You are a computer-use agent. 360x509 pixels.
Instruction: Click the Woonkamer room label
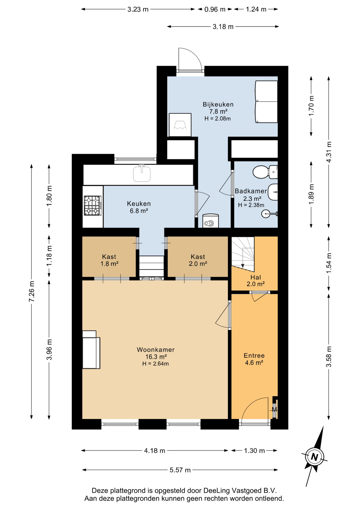(x=156, y=349)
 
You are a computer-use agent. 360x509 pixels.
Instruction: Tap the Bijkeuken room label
(x=218, y=104)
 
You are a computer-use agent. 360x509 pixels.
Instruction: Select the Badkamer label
(x=251, y=191)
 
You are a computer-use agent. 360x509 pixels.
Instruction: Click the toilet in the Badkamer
(x=265, y=172)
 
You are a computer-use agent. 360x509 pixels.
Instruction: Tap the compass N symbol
(x=314, y=457)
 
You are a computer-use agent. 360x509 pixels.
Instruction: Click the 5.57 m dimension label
(x=180, y=470)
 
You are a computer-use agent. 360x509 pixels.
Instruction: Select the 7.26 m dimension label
(x=32, y=291)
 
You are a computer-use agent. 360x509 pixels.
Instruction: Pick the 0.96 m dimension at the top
(x=215, y=10)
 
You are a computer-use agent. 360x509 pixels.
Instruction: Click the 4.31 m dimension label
(x=329, y=152)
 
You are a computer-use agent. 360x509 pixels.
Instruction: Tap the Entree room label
(x=254, y=356)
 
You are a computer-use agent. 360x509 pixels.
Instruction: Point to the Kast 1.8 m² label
(x=109, y=260)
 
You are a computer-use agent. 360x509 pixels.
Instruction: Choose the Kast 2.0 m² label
(x=198, y=260)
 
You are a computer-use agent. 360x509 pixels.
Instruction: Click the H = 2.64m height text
(x=156, y=364)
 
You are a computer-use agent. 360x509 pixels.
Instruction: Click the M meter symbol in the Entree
(x=274, y=410)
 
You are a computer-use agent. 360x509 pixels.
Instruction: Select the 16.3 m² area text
(x=156, y=357)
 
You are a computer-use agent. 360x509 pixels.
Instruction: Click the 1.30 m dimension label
(x=254, y=451)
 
